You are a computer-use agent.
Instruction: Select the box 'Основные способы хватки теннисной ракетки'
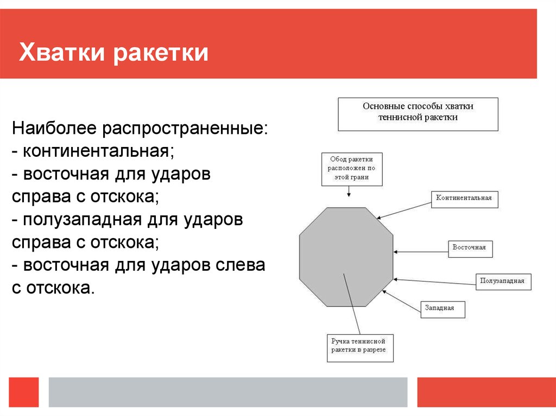pyautogui.click(x=418, y=114)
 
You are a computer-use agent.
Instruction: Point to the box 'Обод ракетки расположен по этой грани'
pyautogui.click(x=351, y=169)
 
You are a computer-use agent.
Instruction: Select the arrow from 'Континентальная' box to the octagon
pyautogui.click(x=405, y=209)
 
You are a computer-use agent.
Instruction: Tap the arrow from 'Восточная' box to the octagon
pyautogui.click(x=421, y=251)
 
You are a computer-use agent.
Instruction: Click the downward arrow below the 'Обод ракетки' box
pyautogui.click(x=348, y=191)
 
